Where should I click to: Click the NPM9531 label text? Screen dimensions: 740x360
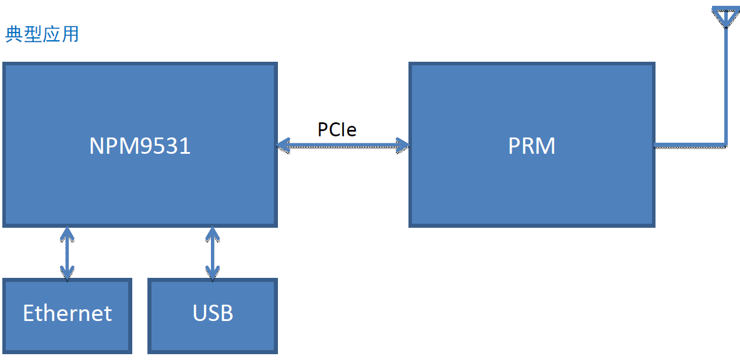pos(140,146)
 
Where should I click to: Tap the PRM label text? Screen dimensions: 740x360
pos(531,146)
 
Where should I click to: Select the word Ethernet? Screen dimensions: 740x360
pos(68,313)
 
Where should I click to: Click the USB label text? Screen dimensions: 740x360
pos(213,313)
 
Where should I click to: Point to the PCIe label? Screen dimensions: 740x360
pos(337,129)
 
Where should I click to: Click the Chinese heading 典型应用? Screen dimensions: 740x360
pos(42,34)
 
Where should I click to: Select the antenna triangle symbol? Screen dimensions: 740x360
pos(726,16)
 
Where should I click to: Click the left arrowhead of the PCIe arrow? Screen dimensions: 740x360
pos(283,146)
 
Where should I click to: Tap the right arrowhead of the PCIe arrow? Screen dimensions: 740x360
pos(403,146)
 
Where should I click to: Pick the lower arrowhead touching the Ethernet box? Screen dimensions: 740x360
pos(67,273)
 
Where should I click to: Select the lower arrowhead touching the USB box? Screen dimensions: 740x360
pos(213,273)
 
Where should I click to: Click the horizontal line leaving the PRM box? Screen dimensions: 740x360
pos(690,146)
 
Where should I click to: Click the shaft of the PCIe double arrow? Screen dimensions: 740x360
pos(343,146)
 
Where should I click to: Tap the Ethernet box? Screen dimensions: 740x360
pos(68,316)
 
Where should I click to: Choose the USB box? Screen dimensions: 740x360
pos(213,316)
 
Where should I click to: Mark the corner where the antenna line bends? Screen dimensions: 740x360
pos(726,146)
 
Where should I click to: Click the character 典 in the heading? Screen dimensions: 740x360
pos(14,34)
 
